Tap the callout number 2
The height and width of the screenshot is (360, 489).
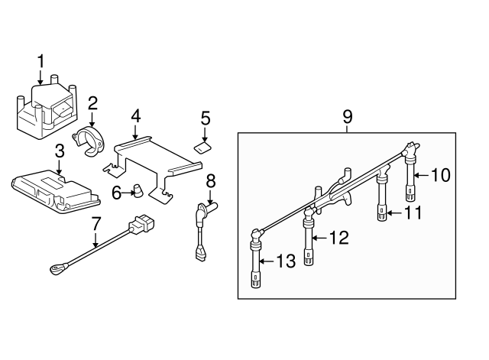click(x=92, y=102)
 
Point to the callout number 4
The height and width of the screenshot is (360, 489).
click(x=135, y=116)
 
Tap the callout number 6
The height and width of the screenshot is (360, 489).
click(x=116, y=193)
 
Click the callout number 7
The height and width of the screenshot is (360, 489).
click(x=96, y=225)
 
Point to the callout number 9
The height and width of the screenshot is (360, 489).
click(x=347, y=117)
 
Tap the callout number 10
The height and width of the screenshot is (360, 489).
click(x=442, y=174)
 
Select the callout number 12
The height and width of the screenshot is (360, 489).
click(x=338, y=238)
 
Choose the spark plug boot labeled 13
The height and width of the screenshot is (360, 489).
click(x=255, y=264)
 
